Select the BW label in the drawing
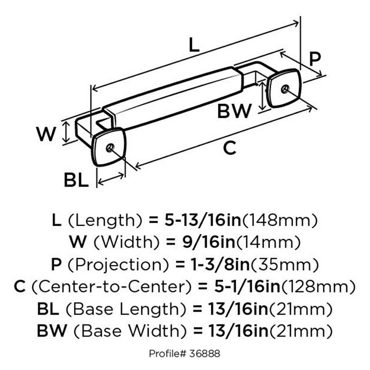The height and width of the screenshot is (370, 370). tap(234, 111)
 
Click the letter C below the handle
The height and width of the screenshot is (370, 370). tap(229, 148)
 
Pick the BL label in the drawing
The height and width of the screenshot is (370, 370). tap(76, 181)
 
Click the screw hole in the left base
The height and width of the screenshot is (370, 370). tap(109, 148)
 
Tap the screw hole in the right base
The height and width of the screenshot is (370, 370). tap(284, 88)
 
